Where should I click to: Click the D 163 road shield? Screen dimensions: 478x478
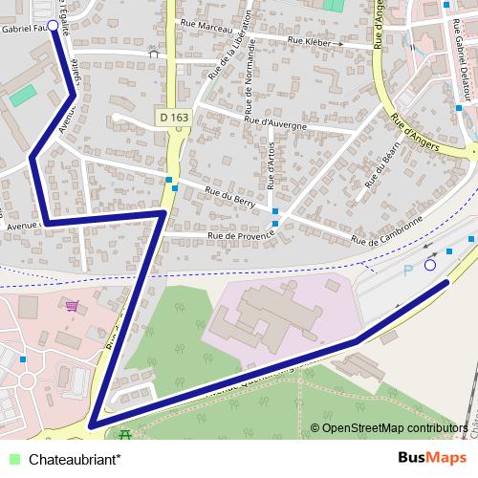click(174, 117)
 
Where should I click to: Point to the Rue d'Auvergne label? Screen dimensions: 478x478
click(275, 122)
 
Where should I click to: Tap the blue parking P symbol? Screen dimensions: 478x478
click(408, 271)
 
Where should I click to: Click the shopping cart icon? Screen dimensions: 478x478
click(73, 306)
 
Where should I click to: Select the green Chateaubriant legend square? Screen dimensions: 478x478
click(12, 458)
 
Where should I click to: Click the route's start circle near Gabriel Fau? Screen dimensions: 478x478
click(53, 26)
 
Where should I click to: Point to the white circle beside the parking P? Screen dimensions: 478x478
click(430, 265)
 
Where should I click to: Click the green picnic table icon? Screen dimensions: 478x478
click(124, 435)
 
